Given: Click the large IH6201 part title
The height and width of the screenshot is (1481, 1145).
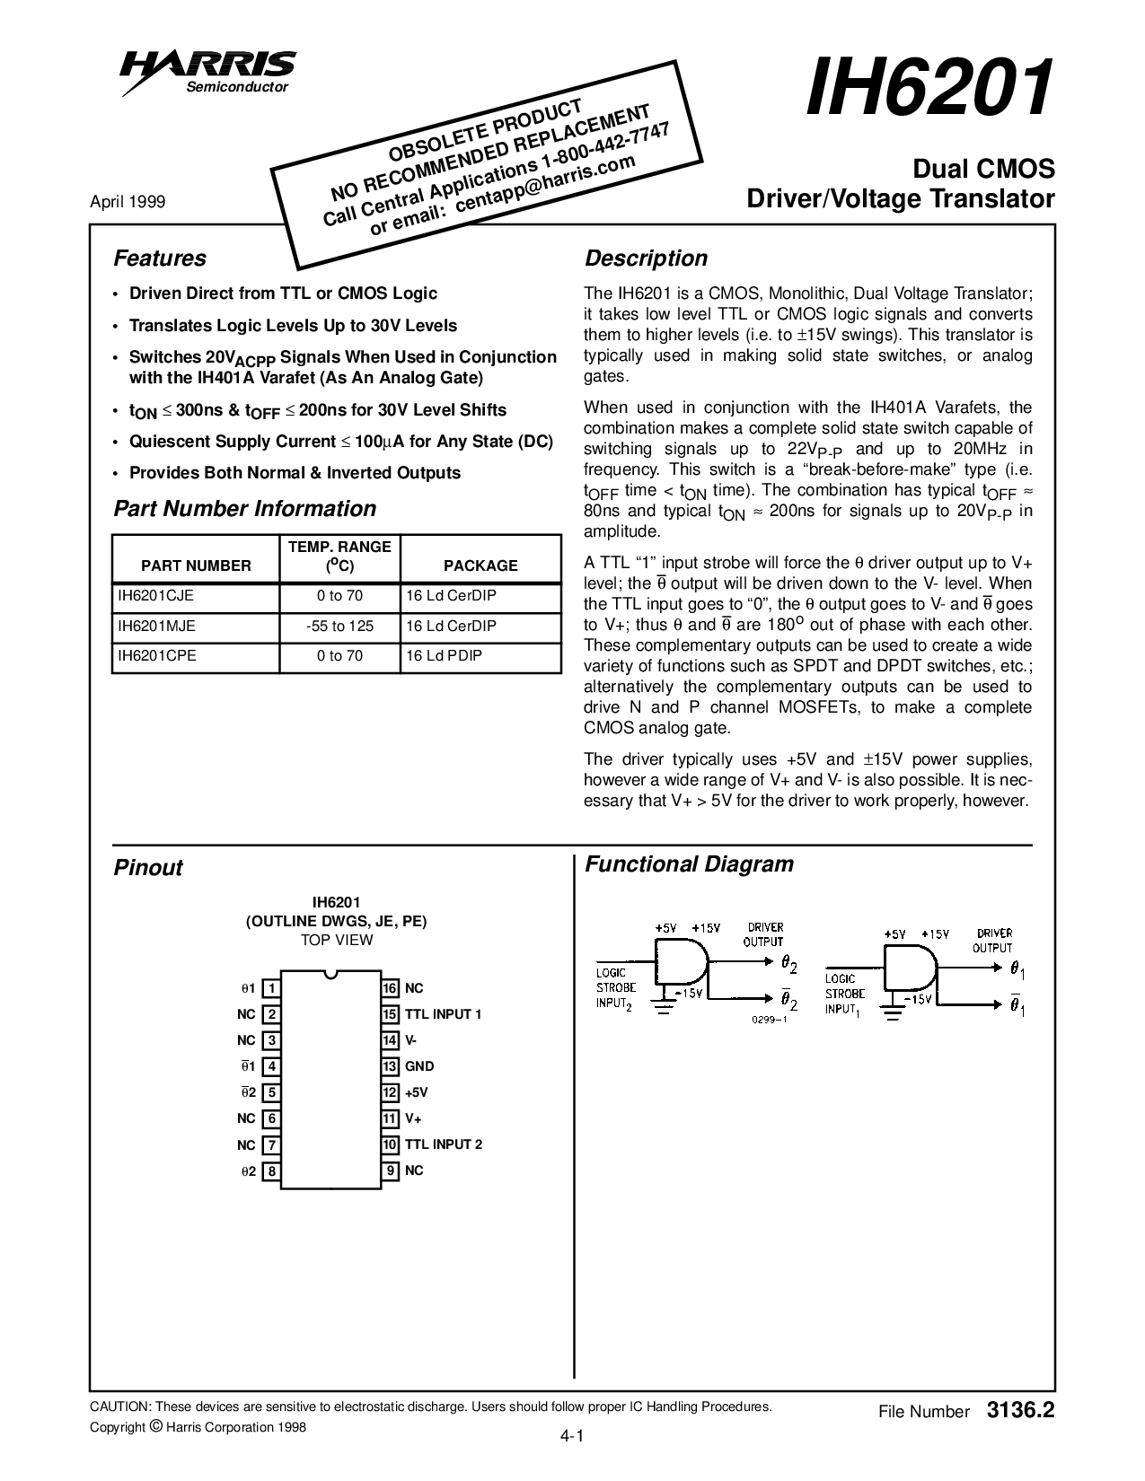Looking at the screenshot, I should (929, 89).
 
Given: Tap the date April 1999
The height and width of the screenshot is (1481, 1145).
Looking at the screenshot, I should (128, 202).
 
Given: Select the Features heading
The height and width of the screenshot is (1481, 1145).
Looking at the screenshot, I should (159, 259).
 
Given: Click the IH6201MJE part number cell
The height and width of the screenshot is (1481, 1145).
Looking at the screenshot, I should (156, 626).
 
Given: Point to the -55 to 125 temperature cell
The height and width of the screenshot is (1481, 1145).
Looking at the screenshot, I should (339, 626).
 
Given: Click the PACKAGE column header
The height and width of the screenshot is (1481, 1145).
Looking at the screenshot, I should (480, 565).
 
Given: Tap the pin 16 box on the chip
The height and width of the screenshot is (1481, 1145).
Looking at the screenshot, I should (390, 988).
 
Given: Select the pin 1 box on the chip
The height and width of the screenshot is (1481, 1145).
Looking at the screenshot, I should (270, 988).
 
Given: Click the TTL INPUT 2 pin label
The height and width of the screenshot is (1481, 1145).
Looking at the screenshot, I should (444, 1144).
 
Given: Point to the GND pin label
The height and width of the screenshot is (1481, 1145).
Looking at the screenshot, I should (419, 1066).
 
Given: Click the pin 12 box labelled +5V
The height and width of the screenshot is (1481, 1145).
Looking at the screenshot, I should (390, 1092).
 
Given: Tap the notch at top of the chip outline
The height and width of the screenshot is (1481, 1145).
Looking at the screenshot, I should (330, 974).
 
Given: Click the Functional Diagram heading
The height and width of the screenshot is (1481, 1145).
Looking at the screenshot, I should (689, 864).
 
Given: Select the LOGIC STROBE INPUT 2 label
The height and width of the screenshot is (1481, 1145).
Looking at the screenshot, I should (616, 988).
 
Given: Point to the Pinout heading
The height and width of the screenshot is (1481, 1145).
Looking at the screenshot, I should (147, 868).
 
